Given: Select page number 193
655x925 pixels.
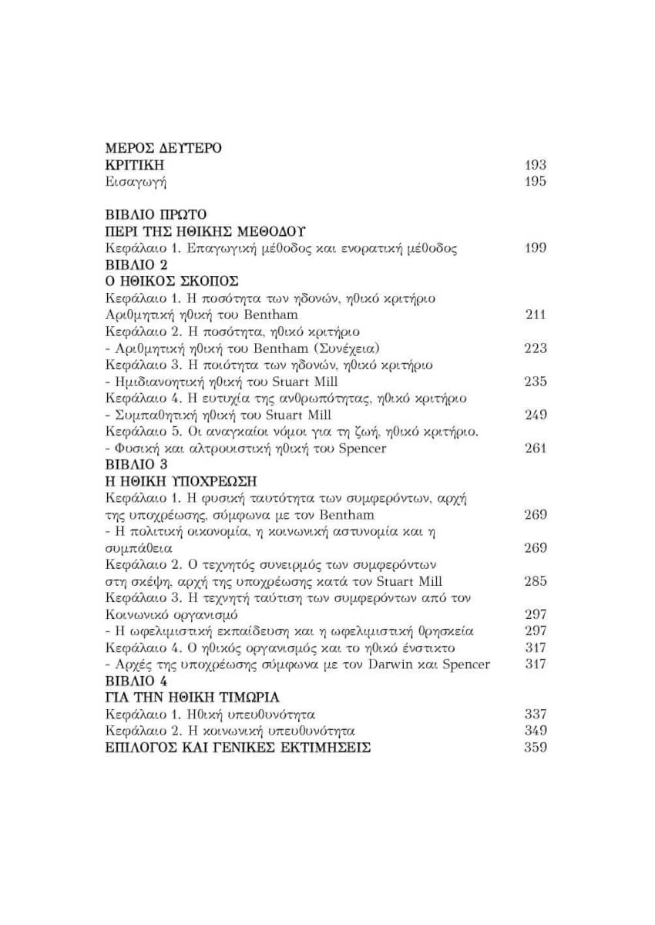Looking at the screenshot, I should [535, 165].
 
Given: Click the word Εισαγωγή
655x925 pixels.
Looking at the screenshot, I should [136, 182].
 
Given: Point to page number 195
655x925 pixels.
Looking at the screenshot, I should [535, 182].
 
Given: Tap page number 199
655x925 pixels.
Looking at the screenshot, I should [535, 248].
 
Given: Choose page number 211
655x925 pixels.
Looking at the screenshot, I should [535, 314].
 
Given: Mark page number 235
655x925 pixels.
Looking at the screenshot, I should [535, 382].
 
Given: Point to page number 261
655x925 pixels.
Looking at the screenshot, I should [535, 449].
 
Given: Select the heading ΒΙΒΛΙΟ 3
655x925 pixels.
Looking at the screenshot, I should [136, 465].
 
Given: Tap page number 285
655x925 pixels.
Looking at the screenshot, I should [535, 581].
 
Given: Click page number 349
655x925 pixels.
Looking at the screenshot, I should [535, 731].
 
